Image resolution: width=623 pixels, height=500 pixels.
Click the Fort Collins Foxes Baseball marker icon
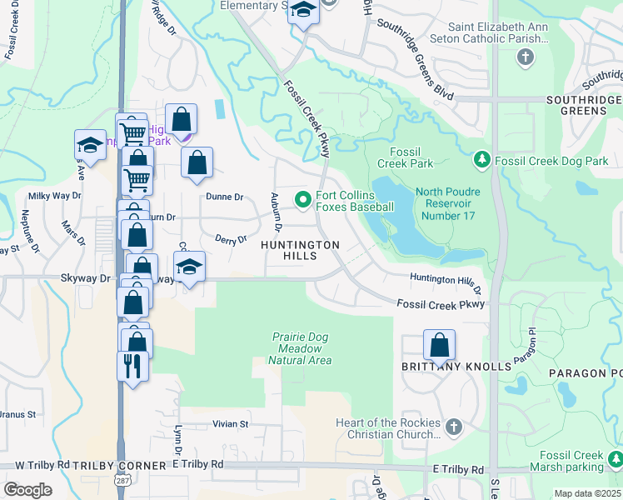click(302, 198)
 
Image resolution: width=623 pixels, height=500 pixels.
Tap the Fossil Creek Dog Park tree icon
click(481, 158)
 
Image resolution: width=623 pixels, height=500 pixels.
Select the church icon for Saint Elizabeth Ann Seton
click(525, 57)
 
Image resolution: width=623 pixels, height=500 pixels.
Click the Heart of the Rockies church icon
click(454, 427)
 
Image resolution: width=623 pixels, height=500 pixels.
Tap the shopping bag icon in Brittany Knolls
click(439, 344)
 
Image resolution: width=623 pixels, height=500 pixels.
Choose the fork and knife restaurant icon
click(132, 365)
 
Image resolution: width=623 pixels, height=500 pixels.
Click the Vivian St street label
click(231, 424)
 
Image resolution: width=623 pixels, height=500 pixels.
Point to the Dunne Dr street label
click(224, 197)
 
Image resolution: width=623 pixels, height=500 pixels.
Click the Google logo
click(27, 489)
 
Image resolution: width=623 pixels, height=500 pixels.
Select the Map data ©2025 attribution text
click(587, 493)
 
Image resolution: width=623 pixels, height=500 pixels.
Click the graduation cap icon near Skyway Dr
click(189, 267)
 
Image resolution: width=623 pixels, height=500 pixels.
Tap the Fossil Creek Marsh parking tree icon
click(616, 459)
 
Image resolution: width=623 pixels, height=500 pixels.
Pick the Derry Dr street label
click(231, 240)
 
